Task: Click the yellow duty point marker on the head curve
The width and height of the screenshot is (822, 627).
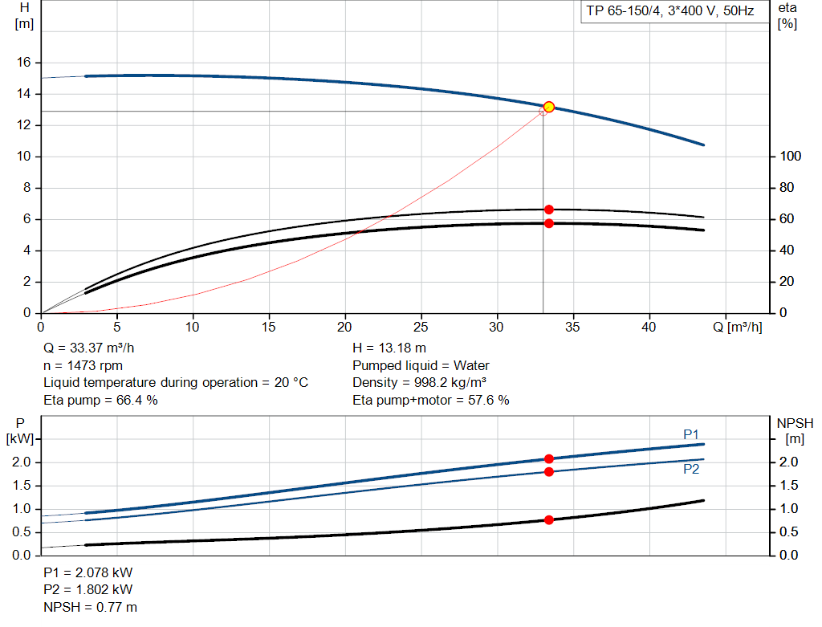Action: (x=549, y=107)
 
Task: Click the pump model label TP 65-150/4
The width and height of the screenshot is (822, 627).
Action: (x=668, y=12)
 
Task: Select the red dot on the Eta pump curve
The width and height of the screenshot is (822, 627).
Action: (x=549, y=210)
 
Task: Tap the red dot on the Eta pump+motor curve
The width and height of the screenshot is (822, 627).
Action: (x=549, y=223)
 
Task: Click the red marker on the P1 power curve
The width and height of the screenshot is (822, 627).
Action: (x=549, y=459)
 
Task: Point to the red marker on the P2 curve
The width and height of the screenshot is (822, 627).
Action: (x=549, y=472)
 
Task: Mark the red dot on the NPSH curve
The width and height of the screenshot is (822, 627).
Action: (x=549, y=520)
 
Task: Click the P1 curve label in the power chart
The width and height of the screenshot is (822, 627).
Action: (x=691, y=434)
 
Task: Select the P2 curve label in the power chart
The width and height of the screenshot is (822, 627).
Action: (x=691, y=469)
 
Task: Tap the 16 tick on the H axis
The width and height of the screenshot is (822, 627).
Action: (x=24, y=63)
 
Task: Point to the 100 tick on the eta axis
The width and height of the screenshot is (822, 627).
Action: (x=790, y=157)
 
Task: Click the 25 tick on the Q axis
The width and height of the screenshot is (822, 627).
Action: (x=421, y=328)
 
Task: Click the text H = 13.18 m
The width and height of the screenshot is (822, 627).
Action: (x=389, y=348)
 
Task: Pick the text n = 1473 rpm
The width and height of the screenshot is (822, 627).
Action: (x=83, y=365)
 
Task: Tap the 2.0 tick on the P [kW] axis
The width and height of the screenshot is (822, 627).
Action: (x=21, y=462)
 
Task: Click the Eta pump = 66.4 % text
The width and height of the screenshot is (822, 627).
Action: (x=100, y=400)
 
